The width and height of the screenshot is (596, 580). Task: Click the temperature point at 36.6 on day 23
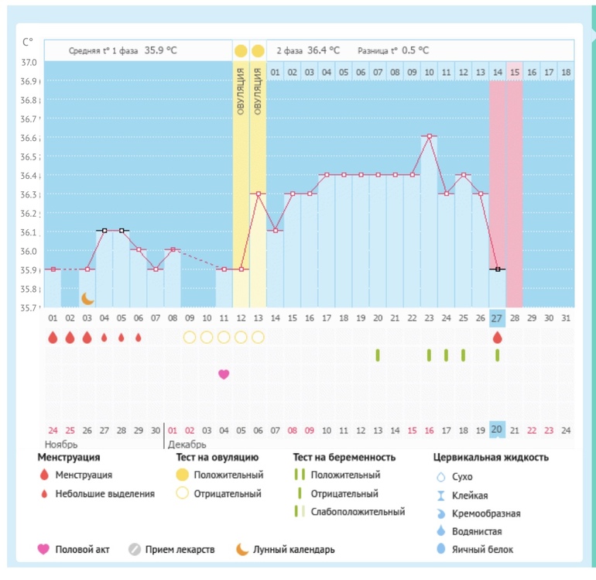pyautogui.click(x=429, y=136)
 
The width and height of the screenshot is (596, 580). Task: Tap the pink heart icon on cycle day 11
pyautogui.click(x=224, y=374)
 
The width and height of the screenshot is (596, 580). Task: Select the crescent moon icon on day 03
pyautogui.click(x=87, y=298)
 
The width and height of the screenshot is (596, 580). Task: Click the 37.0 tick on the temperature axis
pyautogui.click(x=29, y=62)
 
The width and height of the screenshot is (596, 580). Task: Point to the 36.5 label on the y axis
pyautogui.click(x=29, y=156)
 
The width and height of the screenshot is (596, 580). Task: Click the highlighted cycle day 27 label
pyautogui.click(x=497, y=317)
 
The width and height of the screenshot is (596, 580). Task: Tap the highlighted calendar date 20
pyautogui.click(x=497, y=431)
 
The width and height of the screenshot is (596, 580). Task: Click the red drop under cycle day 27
pyautogui.click(x=497, y=338)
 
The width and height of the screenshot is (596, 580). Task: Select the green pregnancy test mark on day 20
pyautogui.click(x=378, y=355)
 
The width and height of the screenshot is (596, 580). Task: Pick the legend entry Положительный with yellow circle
pyautogui.click(x=228, y=475)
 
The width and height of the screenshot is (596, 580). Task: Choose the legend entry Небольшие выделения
pyautogui.click(x=105, y=493)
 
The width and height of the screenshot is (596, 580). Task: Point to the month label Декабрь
pyautogui.click(x=187, y=444)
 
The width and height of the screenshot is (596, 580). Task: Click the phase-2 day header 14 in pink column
pyautogui.click(x=497, y=72)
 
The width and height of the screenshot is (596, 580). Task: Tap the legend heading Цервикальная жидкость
pyautogui.click(x=491, y=458)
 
